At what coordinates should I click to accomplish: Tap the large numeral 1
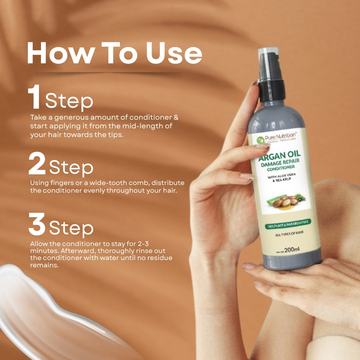pos(34,97)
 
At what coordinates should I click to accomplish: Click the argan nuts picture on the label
pos(283,201)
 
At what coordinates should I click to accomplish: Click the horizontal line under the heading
pos(108,72)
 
